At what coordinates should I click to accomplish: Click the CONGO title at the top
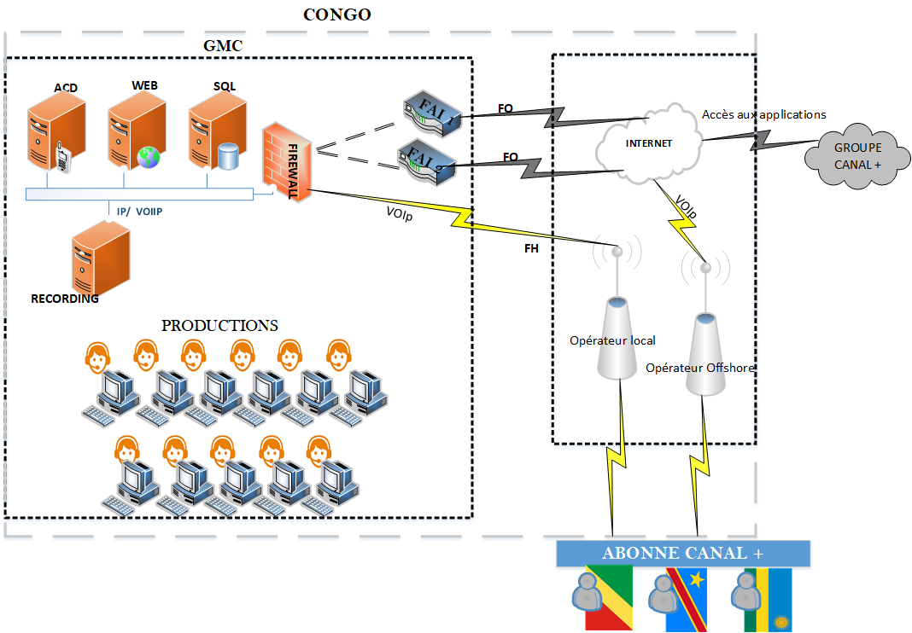tap(337, 15)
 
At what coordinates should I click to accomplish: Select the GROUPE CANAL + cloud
tap(857, 155)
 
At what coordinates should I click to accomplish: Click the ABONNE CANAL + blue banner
tap(683, 553)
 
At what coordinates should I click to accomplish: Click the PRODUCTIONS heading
tap(219, 325)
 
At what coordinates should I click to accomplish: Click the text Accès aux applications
tap(763, 113)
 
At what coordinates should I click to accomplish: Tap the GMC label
tap(223, 45)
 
